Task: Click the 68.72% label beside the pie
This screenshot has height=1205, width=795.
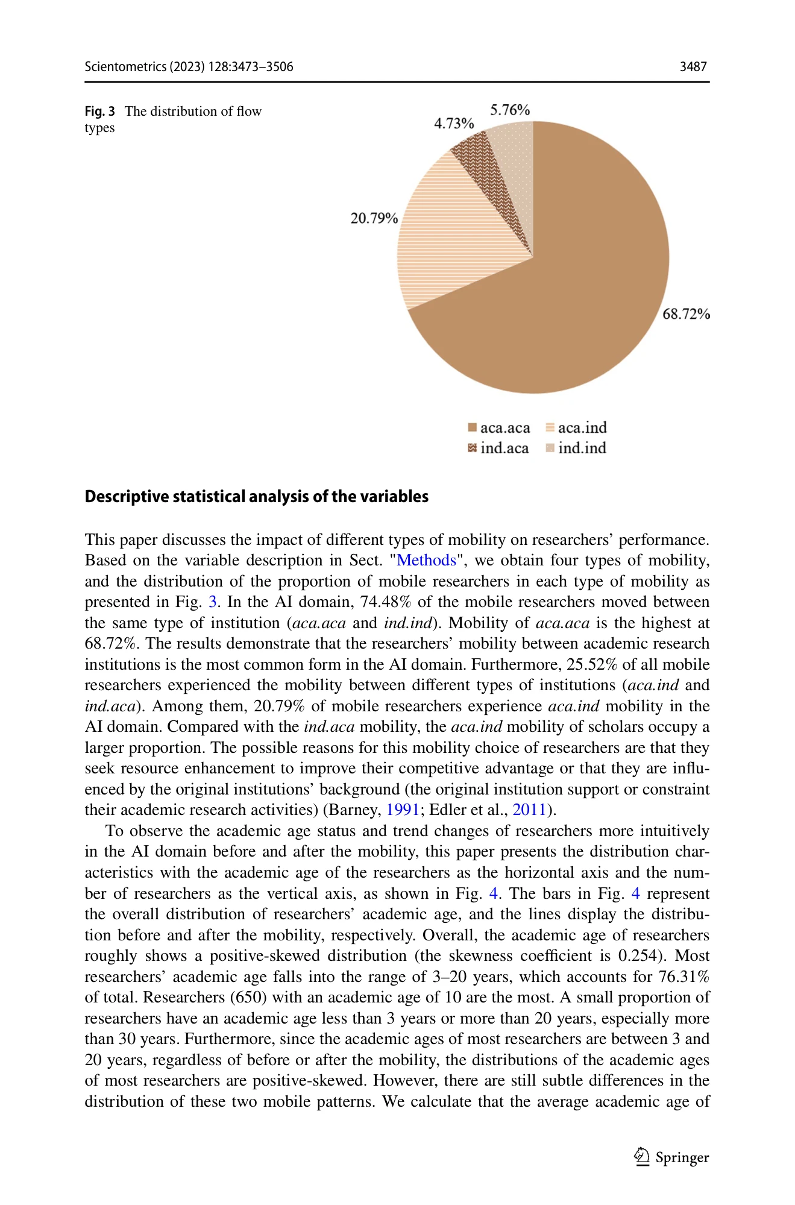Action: (686, 314)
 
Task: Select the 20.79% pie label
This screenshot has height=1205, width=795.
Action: (374, 218)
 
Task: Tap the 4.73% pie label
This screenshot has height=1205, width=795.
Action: (453, 124)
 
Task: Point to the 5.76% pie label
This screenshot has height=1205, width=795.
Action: (509, 110)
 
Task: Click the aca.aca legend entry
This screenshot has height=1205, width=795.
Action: (499, 428)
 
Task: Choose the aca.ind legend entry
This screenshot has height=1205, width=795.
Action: (576, 428)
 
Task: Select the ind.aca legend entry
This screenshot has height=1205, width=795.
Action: (498, 448)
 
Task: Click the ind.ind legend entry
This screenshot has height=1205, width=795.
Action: (576, 448)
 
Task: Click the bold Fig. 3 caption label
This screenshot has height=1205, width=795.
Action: (99, 112)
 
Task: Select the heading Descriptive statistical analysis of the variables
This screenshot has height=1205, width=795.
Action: (256, 497)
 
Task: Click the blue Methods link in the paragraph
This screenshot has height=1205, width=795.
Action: (426, 561)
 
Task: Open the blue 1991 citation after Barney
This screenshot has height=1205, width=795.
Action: (402, 810)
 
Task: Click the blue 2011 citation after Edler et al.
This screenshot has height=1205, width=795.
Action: (529, 810)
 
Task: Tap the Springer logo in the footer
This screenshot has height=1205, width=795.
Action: (672, 1157)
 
